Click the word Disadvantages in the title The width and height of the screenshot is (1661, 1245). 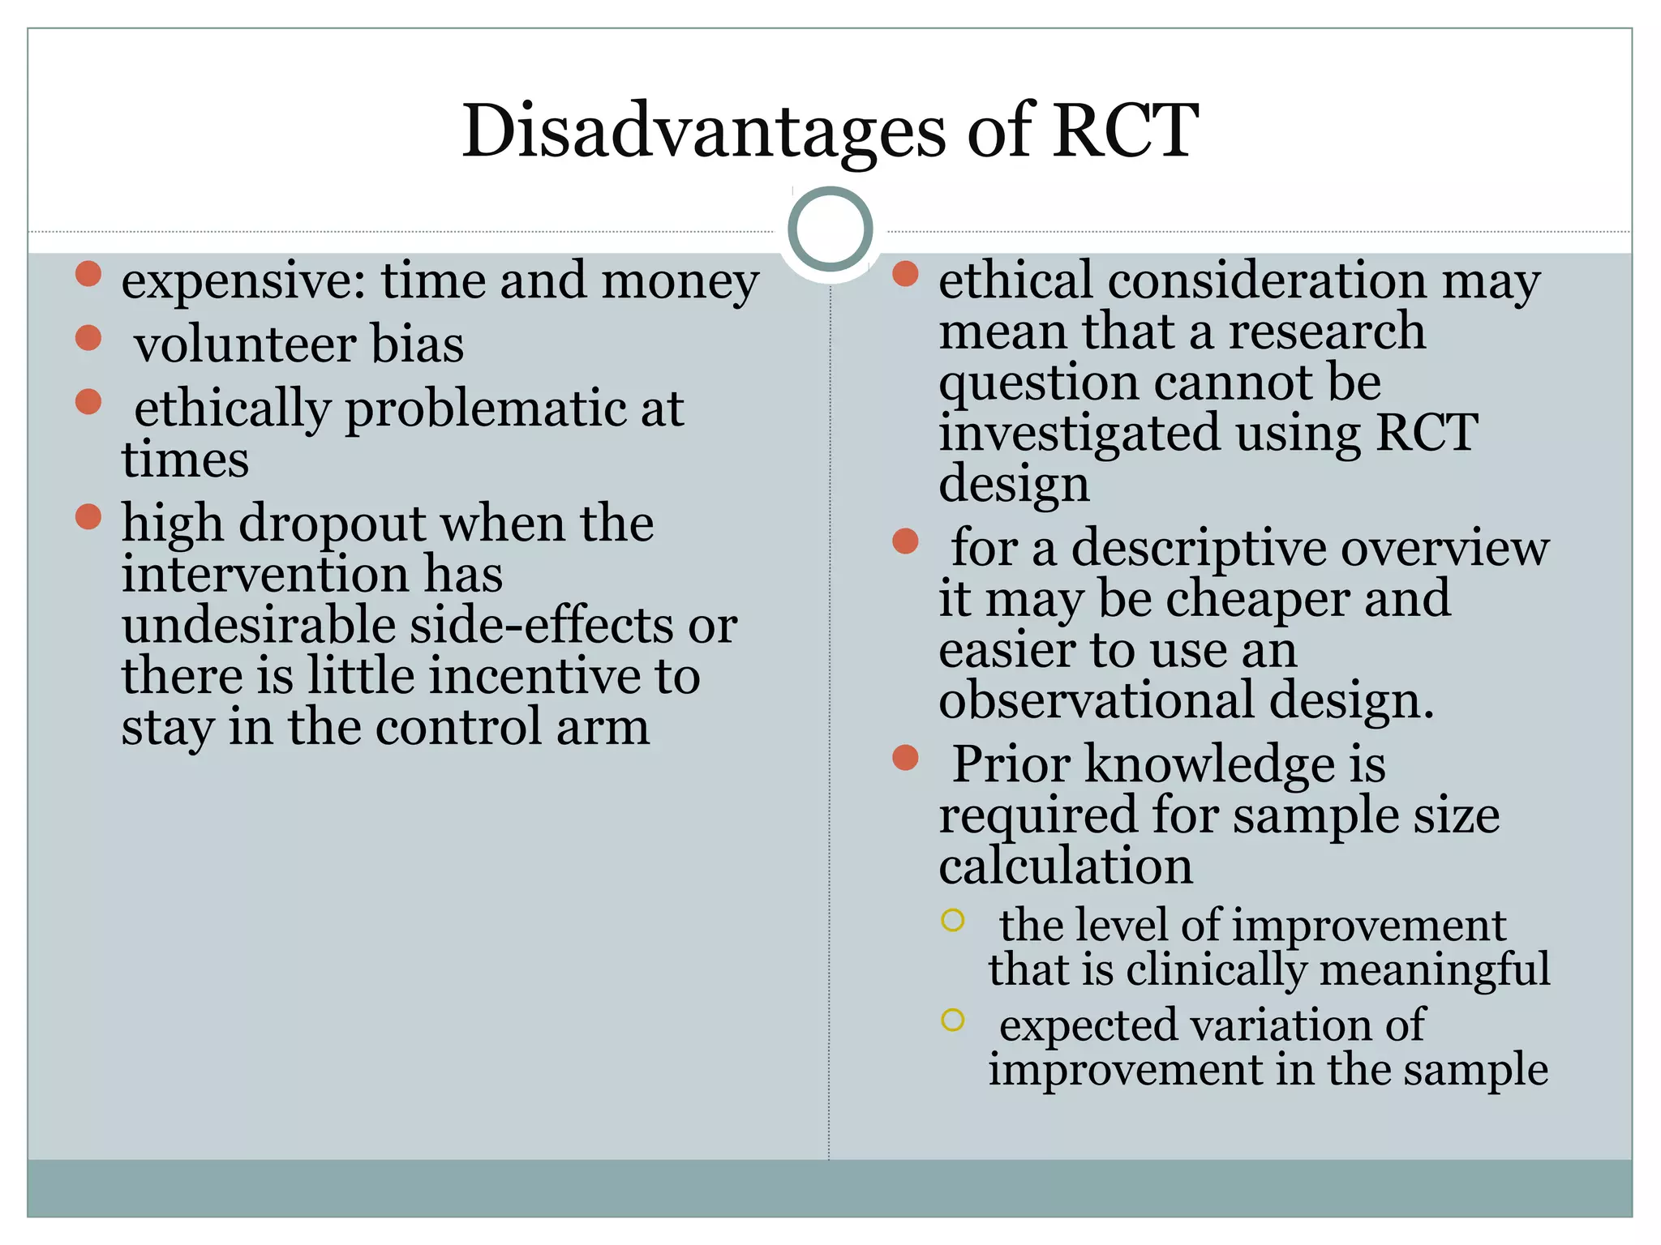click(x=703, y=131)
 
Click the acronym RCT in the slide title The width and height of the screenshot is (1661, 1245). click(x=1125, y=131)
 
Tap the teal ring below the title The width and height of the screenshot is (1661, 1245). click(x=830, y=229)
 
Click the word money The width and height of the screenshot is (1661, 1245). click(x=680, y=282)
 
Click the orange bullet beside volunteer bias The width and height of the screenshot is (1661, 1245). click(x=88, y=337)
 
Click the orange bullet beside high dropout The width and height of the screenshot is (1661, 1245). click(x=88, y=516)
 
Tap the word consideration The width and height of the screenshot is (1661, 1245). click(x=1266, y=280)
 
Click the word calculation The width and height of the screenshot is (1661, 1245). click(x=1066, y=865)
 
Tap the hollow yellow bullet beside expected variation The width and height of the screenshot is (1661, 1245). click(x=952, y=1020)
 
